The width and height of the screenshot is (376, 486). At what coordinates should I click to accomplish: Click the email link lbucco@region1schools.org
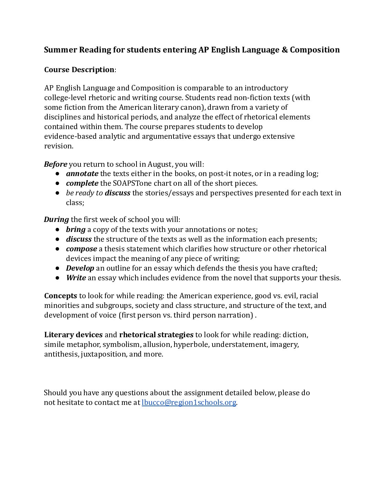click(189, 402)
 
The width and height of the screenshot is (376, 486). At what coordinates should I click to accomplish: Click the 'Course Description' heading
click(79, 70)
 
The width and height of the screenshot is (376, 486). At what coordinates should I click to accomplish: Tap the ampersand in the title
click(284, 50)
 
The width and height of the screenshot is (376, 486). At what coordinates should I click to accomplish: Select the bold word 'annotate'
click(82, 174)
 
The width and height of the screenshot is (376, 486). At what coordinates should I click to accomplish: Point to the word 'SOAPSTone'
click(132, 183)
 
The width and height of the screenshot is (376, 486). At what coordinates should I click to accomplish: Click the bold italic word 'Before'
click(55, 164)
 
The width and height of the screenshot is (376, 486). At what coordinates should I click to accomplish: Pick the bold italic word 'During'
click(56, 220)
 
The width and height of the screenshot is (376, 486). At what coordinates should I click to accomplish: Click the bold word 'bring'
click(76, 230)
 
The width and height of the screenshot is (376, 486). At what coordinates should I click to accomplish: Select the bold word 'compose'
click(81, 249)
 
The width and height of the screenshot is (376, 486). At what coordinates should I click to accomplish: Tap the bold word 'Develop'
click(80, 268)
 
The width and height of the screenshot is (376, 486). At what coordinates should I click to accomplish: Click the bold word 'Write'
click(76, 278)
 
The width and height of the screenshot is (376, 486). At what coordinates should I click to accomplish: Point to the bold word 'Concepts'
click(60, 296)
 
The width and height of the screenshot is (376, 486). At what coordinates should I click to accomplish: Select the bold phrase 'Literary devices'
click(73, 335)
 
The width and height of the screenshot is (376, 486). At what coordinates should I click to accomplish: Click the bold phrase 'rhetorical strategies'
click(156, 335)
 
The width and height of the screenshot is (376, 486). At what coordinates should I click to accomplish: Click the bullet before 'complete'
click(57, 183)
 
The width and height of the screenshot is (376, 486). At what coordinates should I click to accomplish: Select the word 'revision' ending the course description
click(58, 146)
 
